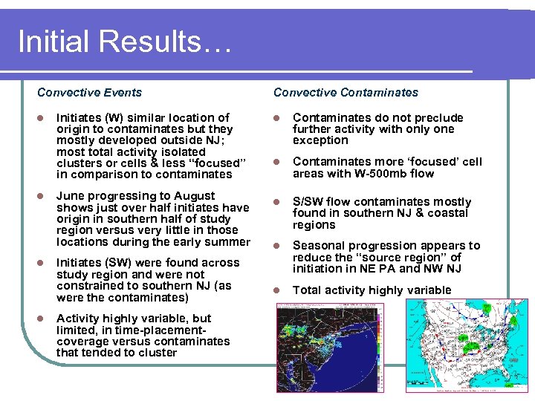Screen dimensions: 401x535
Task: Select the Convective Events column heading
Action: click(x=89, y=93)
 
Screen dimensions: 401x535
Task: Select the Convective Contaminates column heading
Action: click(x=346, y=93)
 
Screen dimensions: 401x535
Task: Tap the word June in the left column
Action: click(x=71, y=196)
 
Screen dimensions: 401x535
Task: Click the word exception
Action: click(x=320, y=140)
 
